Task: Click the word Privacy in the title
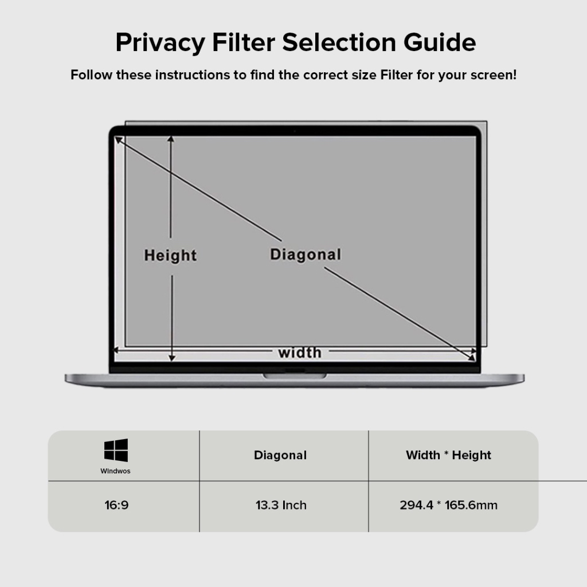pyautogui.click(x=160, y=42)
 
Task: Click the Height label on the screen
pyautogui.click(x=170, y=256)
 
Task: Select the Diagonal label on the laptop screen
pyautogui.click(x=306, y=255)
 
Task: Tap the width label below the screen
pyautogui.click(x=300, y=353)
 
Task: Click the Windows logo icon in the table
pyautogui.click(x=116, y=450)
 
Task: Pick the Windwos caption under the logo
pyautogui.click(x=115, y=471)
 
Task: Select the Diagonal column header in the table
pyautogui.click(x=280, y=455)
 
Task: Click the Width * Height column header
pyautogui.click(x=448, y=455)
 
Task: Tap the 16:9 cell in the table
pyautogui.click(x=116, y=505)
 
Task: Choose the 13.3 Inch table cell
pyautogui.click(x=281, y=505)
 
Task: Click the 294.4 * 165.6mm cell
pyautogui.click(x=448, y=505)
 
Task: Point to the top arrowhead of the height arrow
pyautogui.click(x=171, y=139)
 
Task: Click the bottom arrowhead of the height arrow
pyautogui.click(x=172, y=358)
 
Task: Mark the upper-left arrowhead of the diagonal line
pyautogui.click(x=118, y=140)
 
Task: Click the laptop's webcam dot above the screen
pyautogui.click(x=295, y=131)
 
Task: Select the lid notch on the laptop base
pyautogui.click(x=295, y=376)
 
